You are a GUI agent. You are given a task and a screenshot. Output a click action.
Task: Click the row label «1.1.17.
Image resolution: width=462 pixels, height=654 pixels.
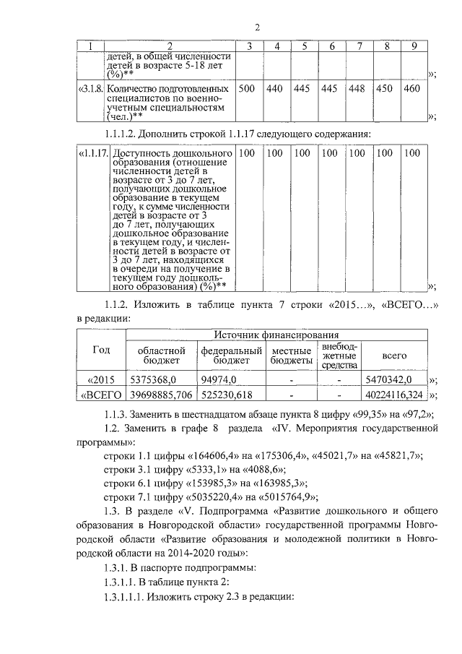(91, 153)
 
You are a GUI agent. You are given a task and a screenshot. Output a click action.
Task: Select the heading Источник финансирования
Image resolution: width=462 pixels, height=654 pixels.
(276, 335)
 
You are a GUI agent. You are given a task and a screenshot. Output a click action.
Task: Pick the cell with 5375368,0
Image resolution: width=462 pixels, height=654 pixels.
(152, 379)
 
